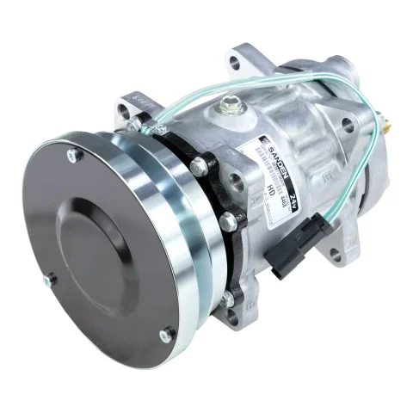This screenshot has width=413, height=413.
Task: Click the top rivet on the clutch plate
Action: click(71, 156)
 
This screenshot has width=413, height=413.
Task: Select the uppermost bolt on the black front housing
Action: click(200, 163)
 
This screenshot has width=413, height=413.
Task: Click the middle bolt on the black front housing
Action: click(227, 222)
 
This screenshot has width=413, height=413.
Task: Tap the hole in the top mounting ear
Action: click(236, 63)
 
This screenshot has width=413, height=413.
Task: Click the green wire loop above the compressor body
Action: click(258, 87)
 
